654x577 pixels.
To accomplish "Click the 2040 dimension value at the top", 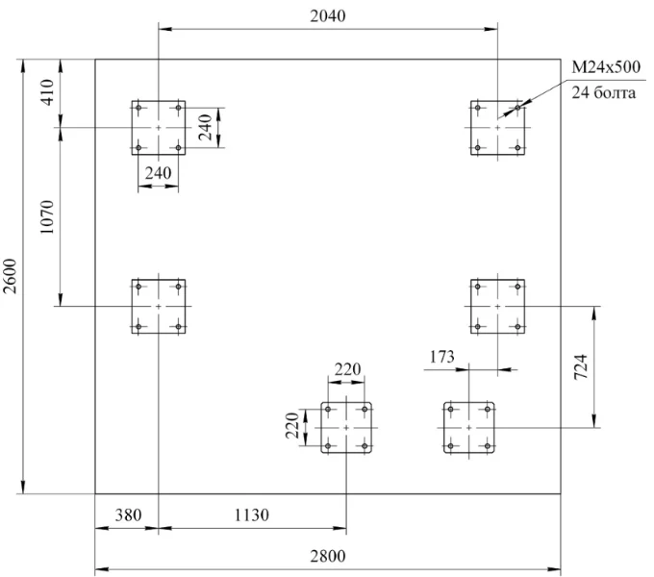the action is (x=328, y=15).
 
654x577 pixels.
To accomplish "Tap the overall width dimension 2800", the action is (x=328, y=556).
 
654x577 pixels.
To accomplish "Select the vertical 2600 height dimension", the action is (x=11, y=276).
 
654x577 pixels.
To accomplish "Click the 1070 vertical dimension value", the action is (x=47, y=216).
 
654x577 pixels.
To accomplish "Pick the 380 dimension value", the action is (x=128, y=515).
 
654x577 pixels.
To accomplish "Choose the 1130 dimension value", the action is (x=252, y=515).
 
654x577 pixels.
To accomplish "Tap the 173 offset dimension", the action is (x=442, y=357).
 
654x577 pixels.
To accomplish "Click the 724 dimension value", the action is (x=581, y=366).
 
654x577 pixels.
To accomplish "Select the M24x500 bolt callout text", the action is (x=606, y=66).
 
